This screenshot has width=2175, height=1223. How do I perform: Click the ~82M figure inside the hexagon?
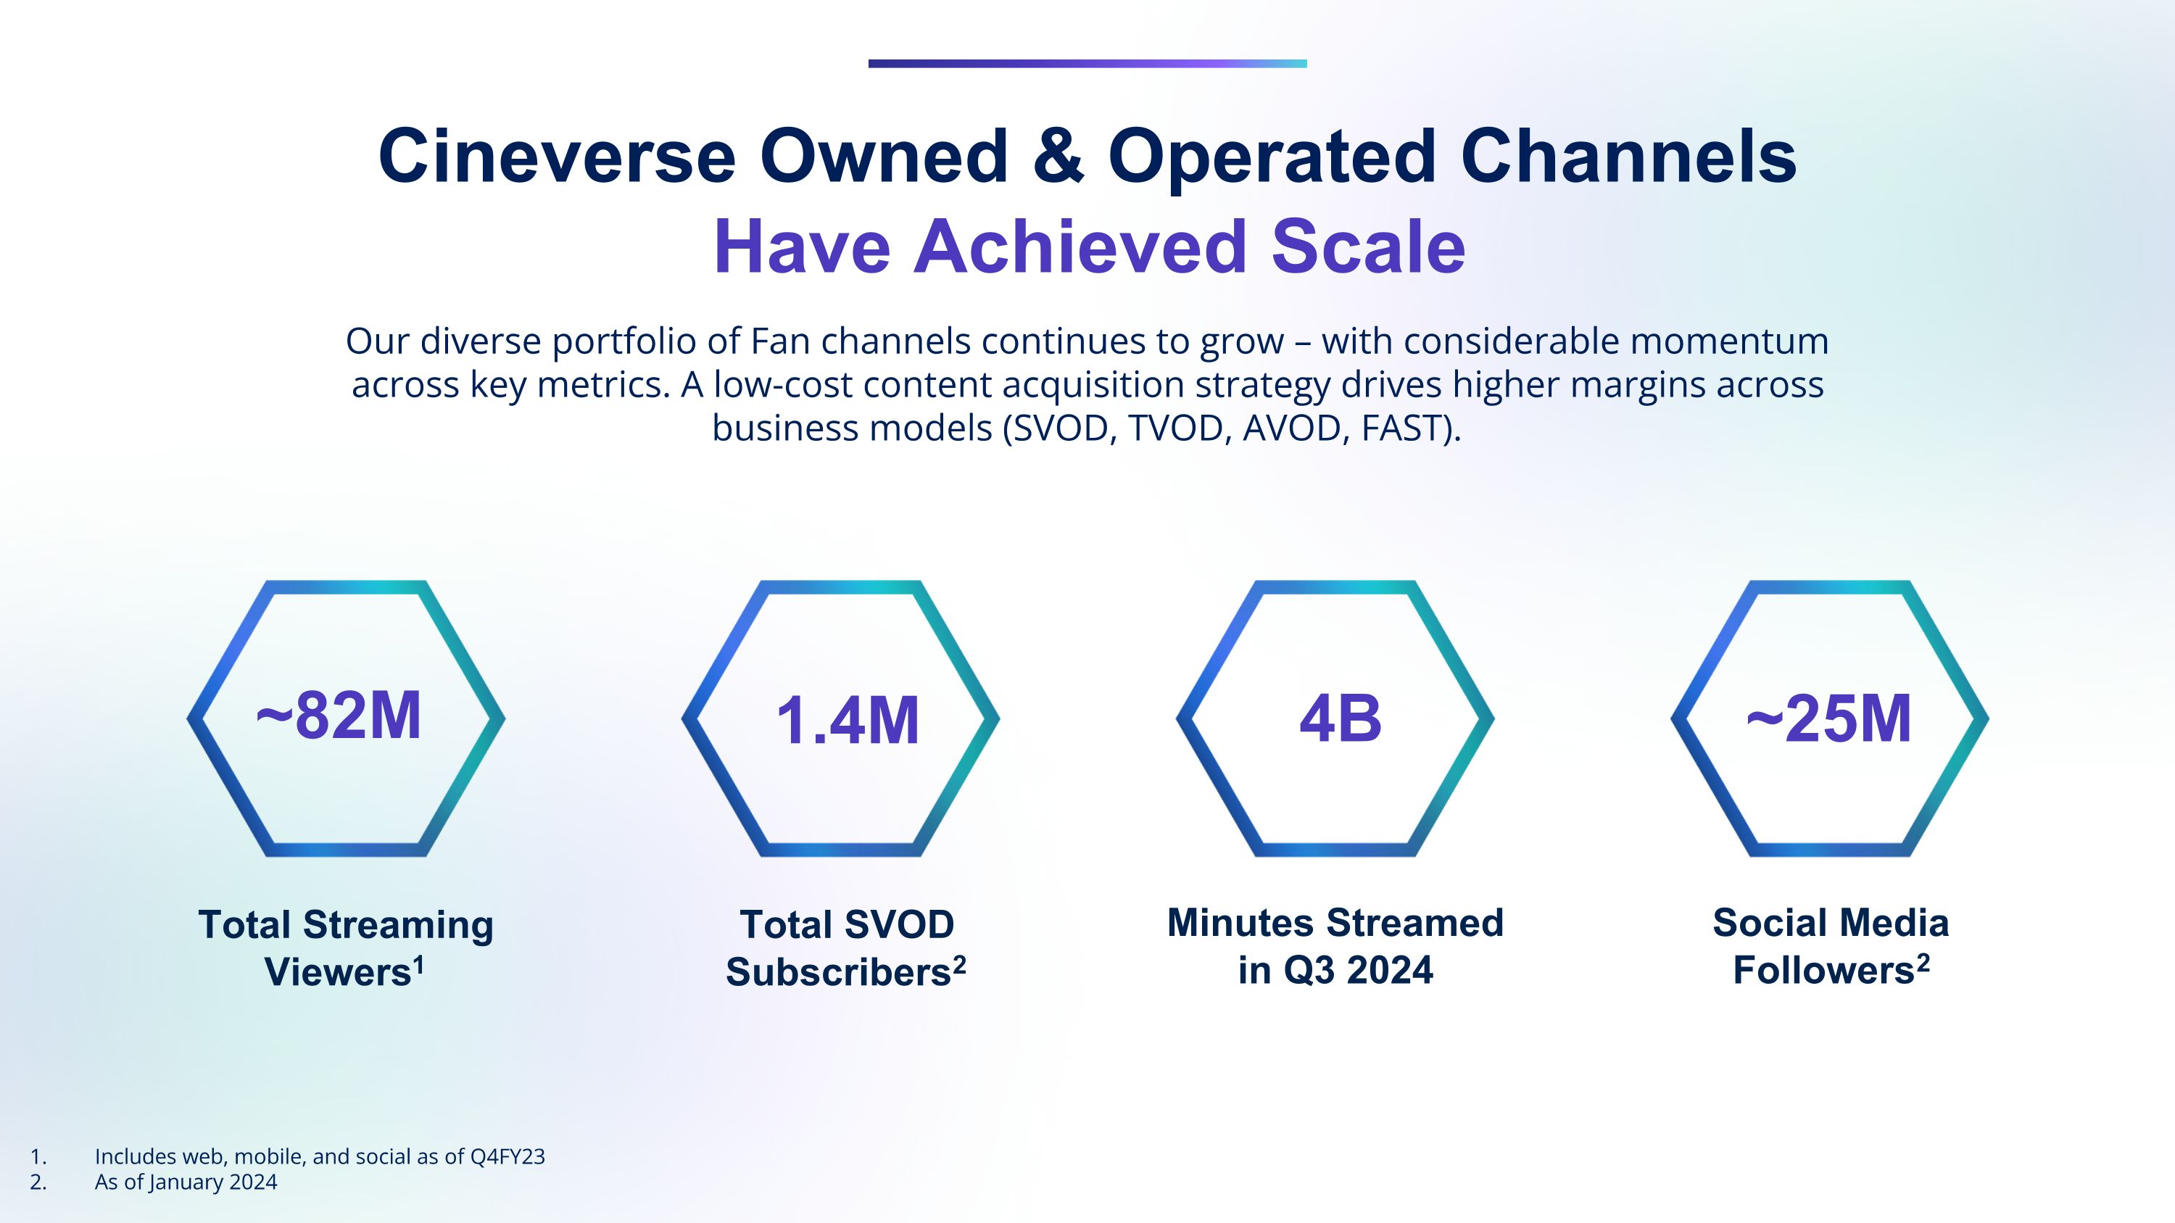(338, 716)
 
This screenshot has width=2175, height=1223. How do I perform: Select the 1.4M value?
(847, 721)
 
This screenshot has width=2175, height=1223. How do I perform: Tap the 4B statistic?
(1340, 719)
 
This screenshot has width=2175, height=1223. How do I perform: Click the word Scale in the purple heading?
(1368, 246)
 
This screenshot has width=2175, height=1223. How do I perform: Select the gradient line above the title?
(1087, 63)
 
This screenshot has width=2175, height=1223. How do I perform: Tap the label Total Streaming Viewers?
(345, 948)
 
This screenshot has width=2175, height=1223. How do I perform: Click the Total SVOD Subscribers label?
(846, 948)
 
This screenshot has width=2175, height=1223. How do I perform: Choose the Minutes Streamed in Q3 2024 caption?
(1335, 946)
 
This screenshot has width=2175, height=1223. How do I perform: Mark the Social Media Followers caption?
(1831, 946)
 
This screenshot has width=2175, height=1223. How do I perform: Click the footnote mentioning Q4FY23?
(320, 1156)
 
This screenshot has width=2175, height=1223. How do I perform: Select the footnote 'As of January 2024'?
(186, 1182)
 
